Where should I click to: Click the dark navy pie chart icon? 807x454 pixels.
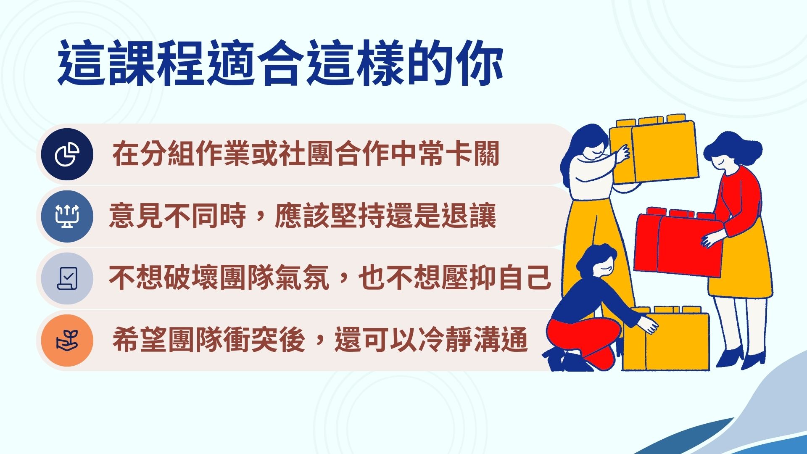pos(67,154)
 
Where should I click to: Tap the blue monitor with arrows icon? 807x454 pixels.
pos(67,216)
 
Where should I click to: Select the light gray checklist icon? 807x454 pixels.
pos(67,278)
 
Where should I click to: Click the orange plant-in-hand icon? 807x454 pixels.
pos(67,340)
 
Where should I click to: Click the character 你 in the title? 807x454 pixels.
pos(480,63)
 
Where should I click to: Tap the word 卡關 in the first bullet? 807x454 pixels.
pos(473,154)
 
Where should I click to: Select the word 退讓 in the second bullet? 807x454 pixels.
pos(469,216)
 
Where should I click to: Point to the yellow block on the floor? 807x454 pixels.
pos(666,339)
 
